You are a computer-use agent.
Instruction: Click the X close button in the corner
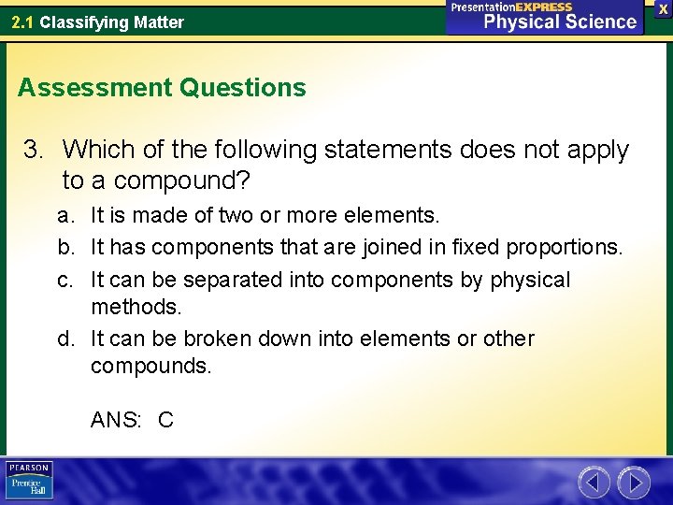point(663,8)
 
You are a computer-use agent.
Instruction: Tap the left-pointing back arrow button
point(594,482)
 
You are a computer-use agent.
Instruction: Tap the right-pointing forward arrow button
point(634,482)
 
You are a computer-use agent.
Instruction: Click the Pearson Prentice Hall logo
point(29,481)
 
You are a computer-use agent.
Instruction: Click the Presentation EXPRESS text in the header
point(511,7)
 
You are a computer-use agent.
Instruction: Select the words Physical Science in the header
point(560,22)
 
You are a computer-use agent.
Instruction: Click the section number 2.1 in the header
point(23,22)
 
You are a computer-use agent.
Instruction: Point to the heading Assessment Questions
point(162,88)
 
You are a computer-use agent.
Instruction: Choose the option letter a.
point(65,216)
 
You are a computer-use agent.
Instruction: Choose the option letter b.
point(65,248)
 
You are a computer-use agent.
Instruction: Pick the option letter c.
point(65,280)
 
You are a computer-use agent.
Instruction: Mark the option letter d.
point(65,338)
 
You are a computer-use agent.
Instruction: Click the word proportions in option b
point(563,248)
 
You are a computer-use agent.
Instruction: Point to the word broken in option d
point(215,338)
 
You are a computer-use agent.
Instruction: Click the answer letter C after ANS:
point(165,420)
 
